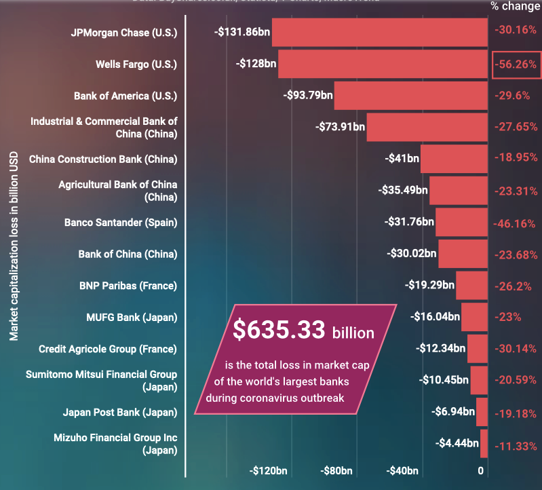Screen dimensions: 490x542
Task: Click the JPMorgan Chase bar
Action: [380, 32]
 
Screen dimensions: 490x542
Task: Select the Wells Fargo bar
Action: [383, 64]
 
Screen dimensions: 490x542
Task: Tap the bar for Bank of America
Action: [411, 96]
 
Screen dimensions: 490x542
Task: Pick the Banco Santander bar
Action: [462, 222]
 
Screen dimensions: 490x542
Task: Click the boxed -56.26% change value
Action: [516, 64]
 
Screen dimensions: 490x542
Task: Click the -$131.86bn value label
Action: [241, 32]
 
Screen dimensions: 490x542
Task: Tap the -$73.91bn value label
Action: [341, 126]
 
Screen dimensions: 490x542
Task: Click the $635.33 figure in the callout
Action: [279, 330]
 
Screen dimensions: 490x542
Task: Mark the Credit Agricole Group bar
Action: [478, 348]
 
